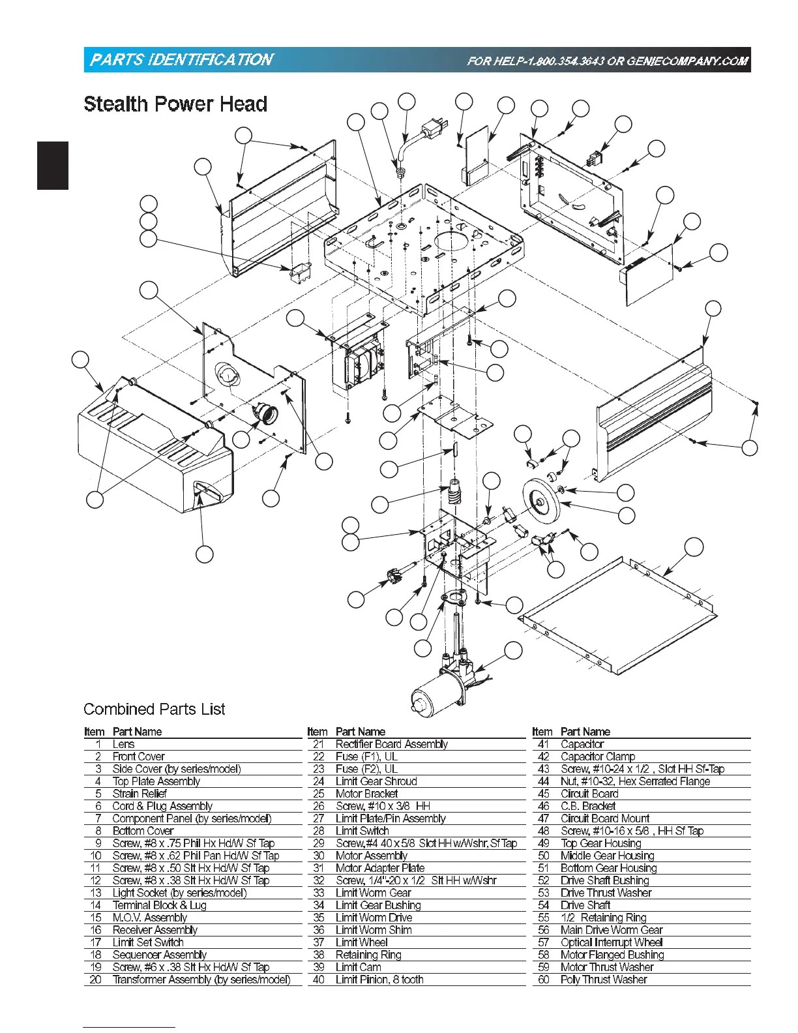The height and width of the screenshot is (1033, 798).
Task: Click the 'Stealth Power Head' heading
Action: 175,104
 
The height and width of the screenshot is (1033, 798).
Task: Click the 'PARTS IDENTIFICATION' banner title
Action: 181,60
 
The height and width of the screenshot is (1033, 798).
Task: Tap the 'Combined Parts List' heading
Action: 155,709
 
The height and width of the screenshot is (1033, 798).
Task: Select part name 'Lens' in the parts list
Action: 123,744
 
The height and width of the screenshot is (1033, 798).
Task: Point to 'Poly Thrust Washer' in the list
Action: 604,980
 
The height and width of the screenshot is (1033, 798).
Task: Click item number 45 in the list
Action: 544,794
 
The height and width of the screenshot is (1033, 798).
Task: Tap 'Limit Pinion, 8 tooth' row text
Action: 379,980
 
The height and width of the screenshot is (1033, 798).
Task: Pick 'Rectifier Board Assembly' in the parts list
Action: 391,744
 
